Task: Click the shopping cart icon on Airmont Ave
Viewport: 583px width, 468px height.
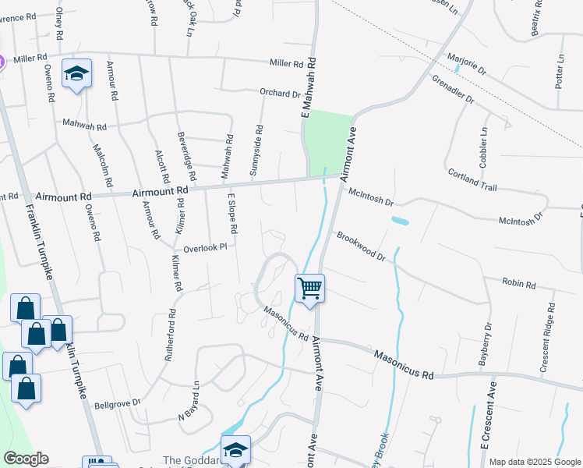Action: point(309,289)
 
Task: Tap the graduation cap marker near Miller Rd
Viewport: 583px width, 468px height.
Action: point(76,74)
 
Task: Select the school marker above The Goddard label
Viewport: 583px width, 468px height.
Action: point(235,451)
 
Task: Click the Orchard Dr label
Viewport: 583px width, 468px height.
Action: point(280,93)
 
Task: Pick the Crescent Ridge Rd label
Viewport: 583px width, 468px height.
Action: point(549,336)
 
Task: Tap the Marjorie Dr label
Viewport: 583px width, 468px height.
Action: point(466,63)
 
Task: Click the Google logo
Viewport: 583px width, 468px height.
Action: point(26,459)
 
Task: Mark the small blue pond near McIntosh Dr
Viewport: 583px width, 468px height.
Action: point(400,221)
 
